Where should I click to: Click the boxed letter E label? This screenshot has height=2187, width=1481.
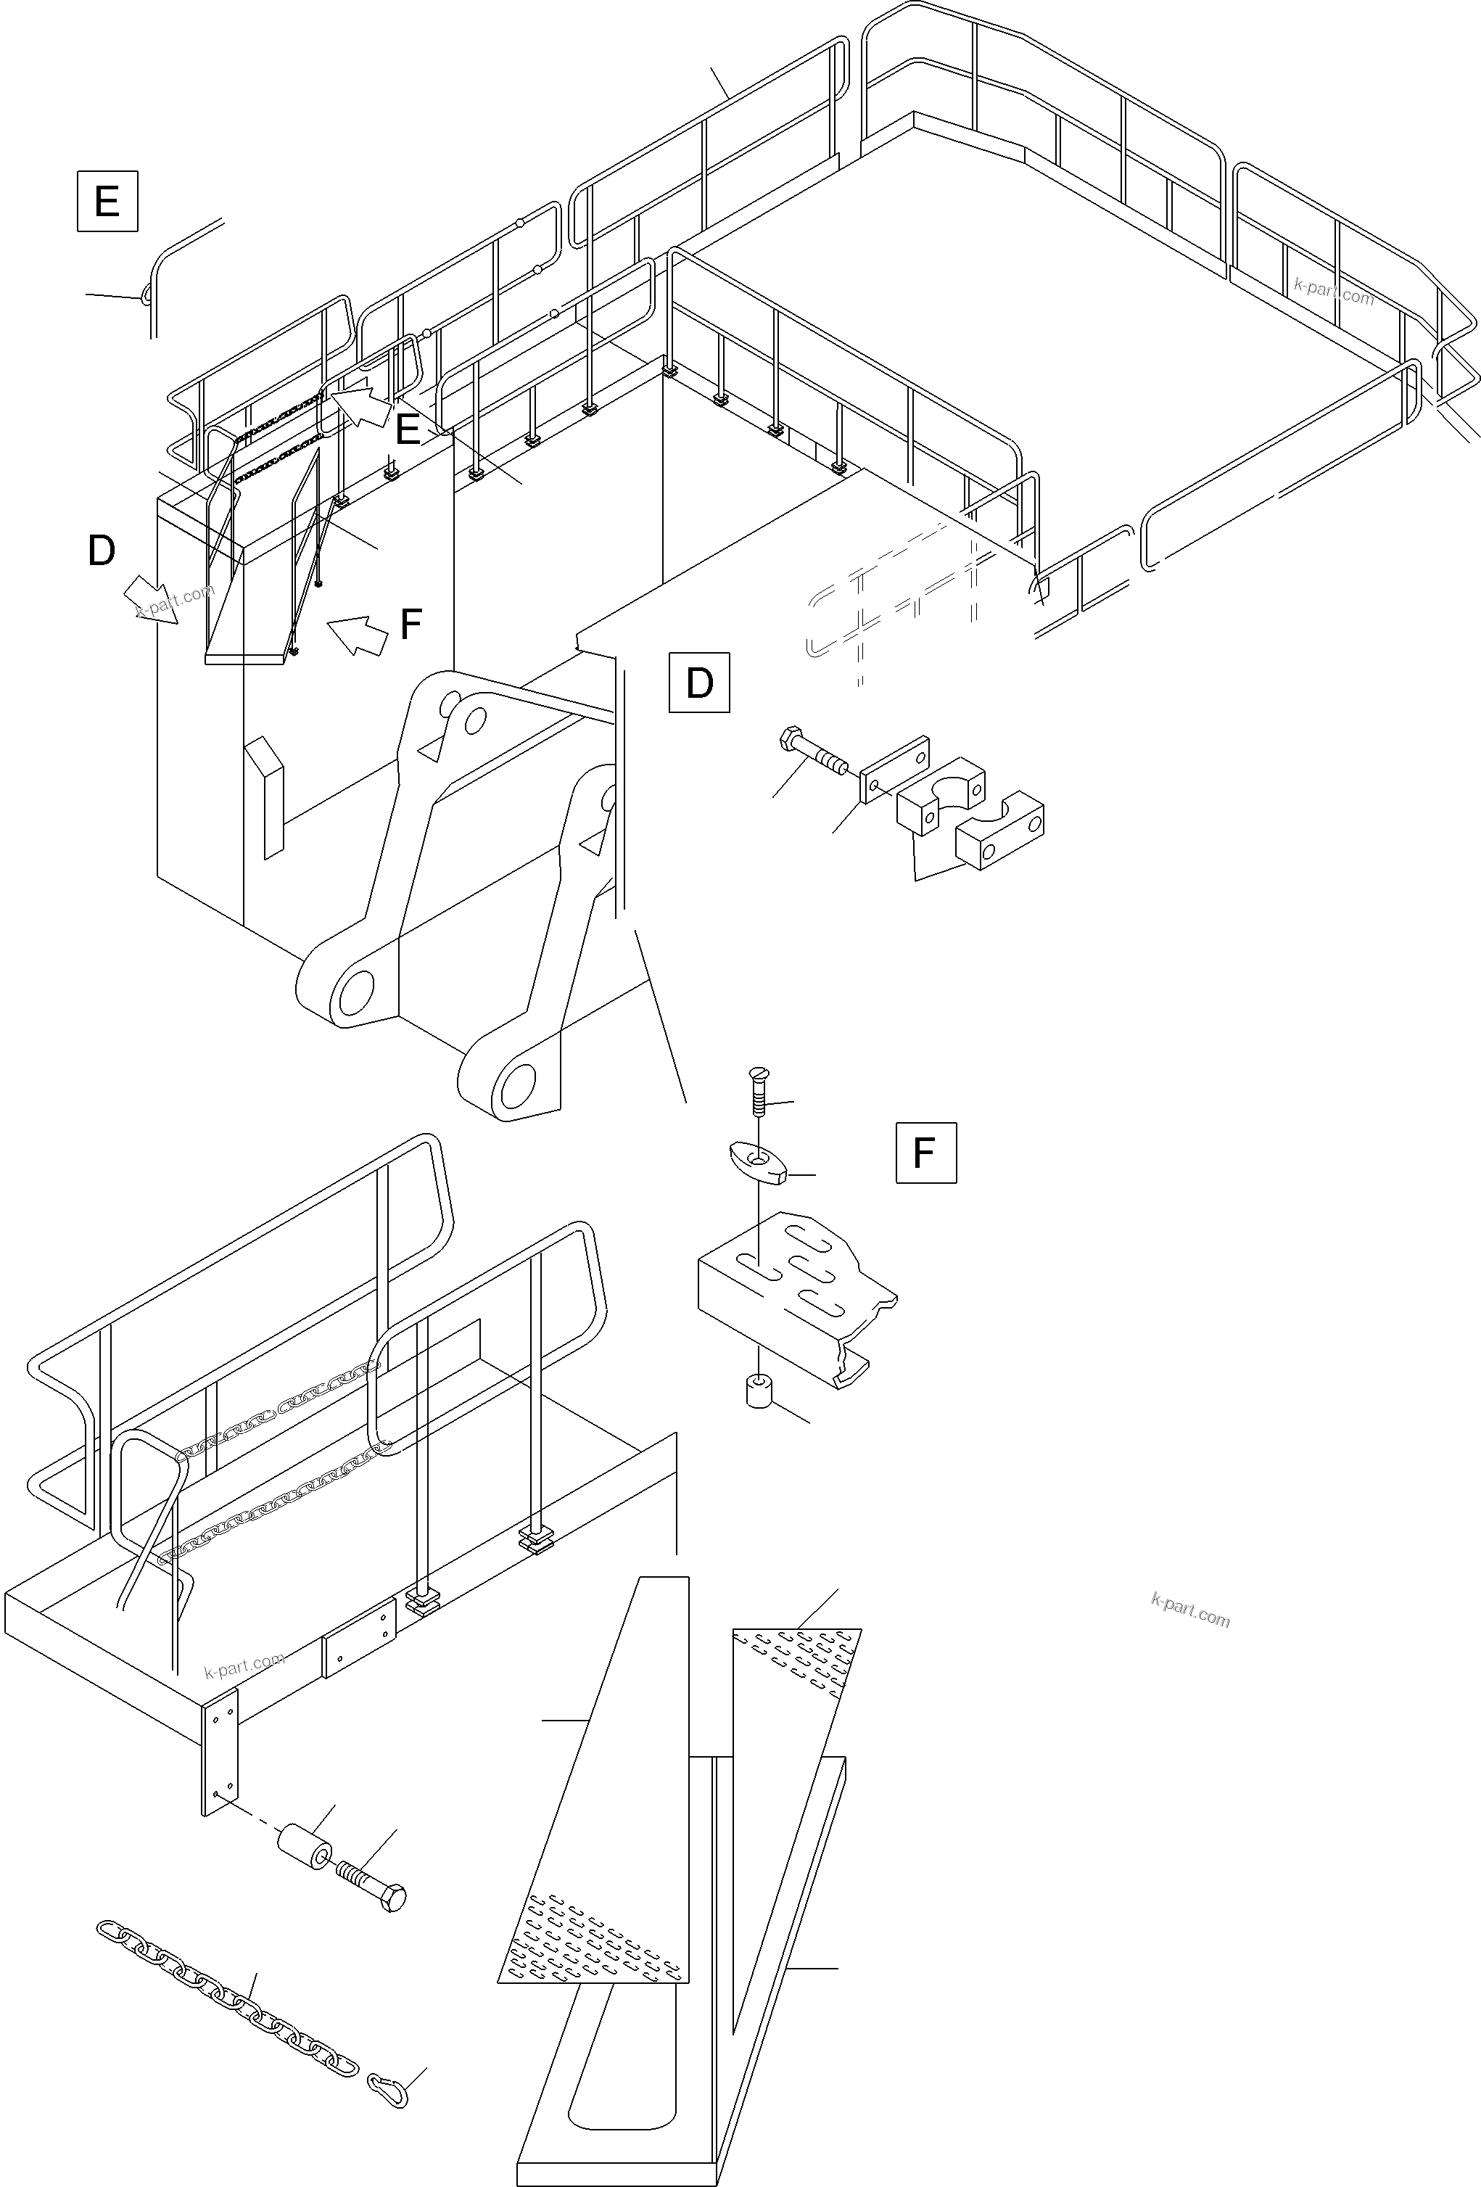point(107,200)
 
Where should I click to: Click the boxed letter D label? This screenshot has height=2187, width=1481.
point(698,683)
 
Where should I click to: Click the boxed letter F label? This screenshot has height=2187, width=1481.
point(925,1152)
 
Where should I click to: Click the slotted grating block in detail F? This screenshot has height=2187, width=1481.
point(795,1294)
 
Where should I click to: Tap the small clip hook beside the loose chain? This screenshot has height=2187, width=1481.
point(388,2089)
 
